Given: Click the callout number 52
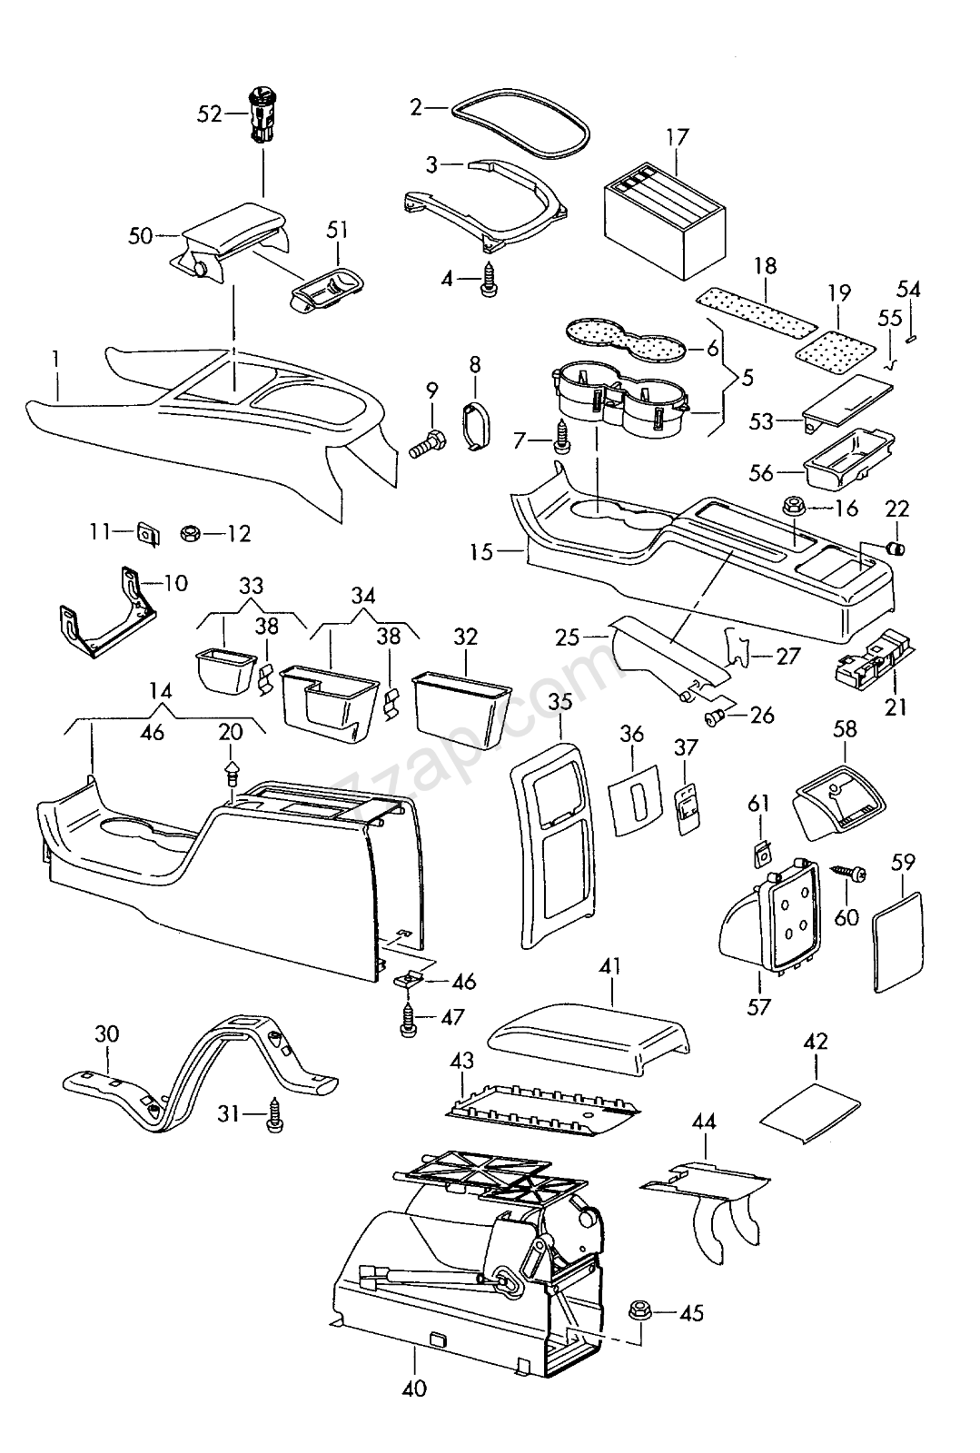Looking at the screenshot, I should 209,114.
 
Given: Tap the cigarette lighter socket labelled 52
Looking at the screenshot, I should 262,116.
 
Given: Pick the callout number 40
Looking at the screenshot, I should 413,1389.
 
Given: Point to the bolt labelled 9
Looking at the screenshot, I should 427,445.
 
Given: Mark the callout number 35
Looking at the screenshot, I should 559,701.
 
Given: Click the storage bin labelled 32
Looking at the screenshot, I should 461,709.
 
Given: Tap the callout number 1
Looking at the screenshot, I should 55,360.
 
